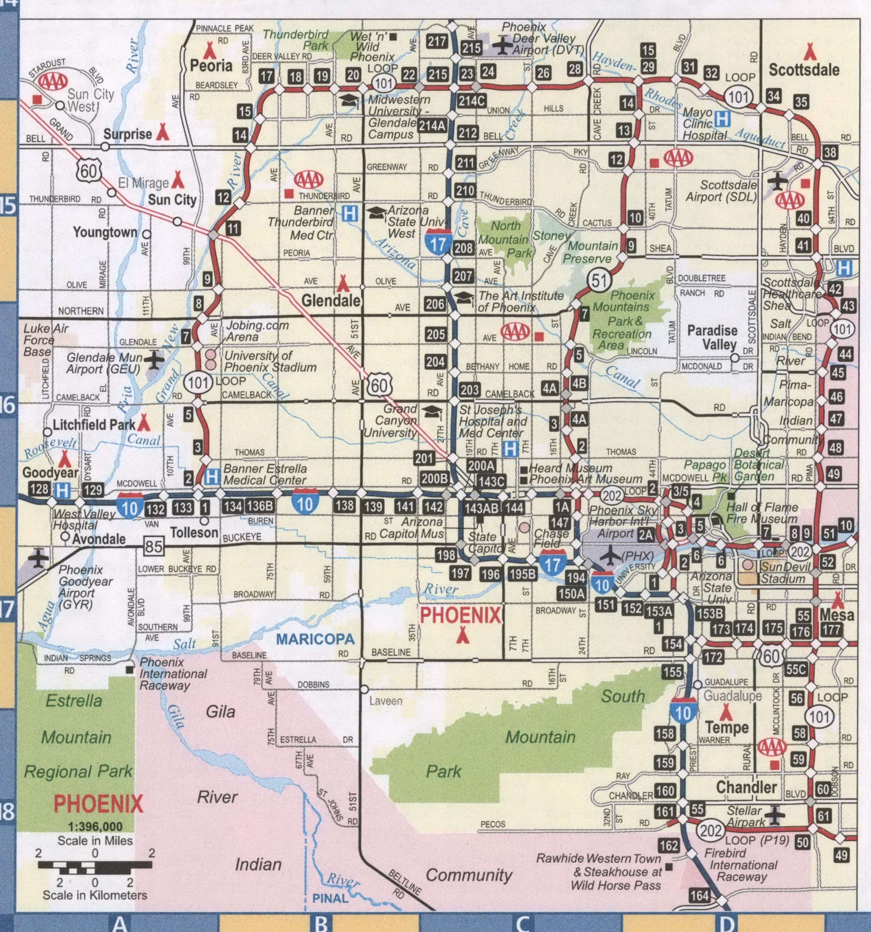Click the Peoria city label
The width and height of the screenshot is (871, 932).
point(211,65)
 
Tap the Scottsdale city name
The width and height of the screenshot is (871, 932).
point(804,70)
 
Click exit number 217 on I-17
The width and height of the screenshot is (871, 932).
point(437,41)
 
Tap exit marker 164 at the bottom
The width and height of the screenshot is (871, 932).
point(700,896)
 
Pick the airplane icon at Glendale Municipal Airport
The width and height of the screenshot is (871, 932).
point(154,360)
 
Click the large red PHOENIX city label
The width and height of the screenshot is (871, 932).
point(461,615)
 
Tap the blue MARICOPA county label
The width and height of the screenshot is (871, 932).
point(315,639)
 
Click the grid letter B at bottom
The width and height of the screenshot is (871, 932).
point(321,923)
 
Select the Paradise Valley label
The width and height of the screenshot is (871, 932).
point(712,337)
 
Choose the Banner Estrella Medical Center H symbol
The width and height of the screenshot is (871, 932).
point(211,477)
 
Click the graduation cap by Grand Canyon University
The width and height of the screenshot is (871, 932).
point(432,412)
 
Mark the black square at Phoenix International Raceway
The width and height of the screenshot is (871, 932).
point(129,670)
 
